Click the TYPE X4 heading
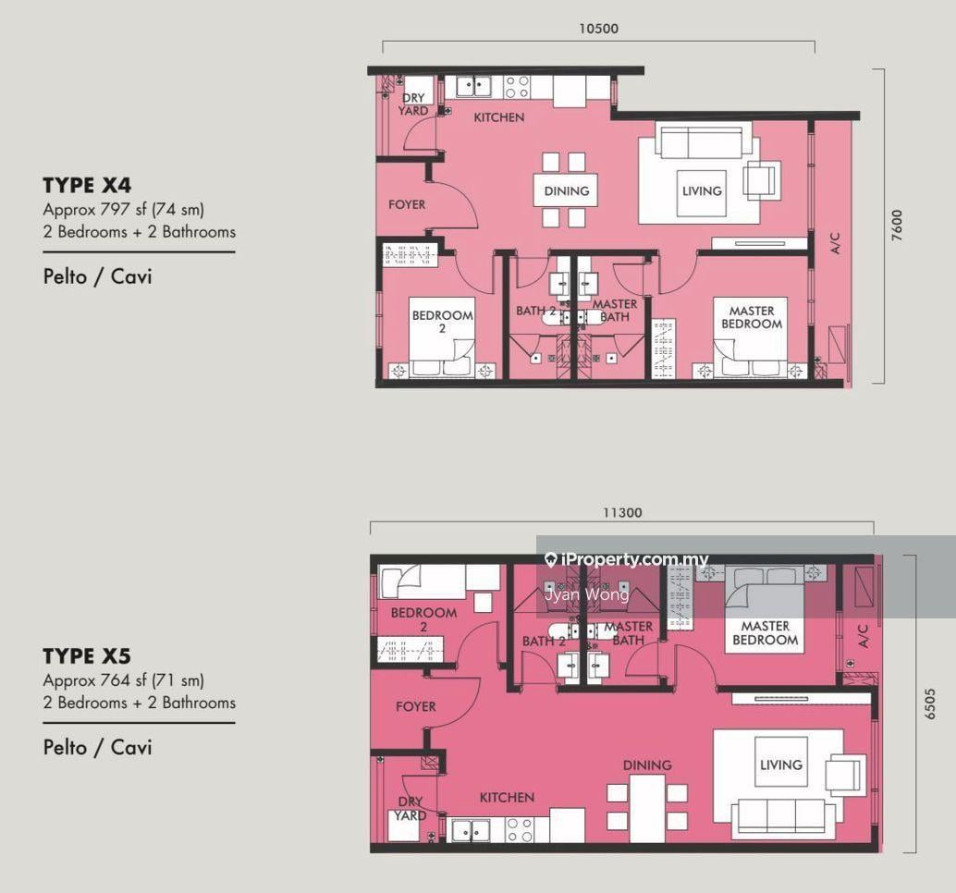tap(87, 185)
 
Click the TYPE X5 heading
tap(87, 655)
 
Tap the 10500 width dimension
tap(599, 29)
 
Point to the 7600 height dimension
tap(896, 226)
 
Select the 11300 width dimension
tap(622, 513)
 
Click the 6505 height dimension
tap(929, 704)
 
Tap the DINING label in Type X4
tap(567, 190)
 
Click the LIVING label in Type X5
tap(781, 765)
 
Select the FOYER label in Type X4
tap(407, 204)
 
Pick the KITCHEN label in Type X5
tap(507, 797)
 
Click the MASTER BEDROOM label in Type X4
tap(752, 318)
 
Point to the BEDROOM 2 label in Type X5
tap(423, 619)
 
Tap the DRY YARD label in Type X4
tap(412, 104)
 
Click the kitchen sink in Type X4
tap(473, 87)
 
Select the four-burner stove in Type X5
tap(521, 829)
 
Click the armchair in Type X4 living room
tap(762, 180)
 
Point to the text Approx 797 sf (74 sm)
tap(123, 210)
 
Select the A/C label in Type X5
tap(863, 636)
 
